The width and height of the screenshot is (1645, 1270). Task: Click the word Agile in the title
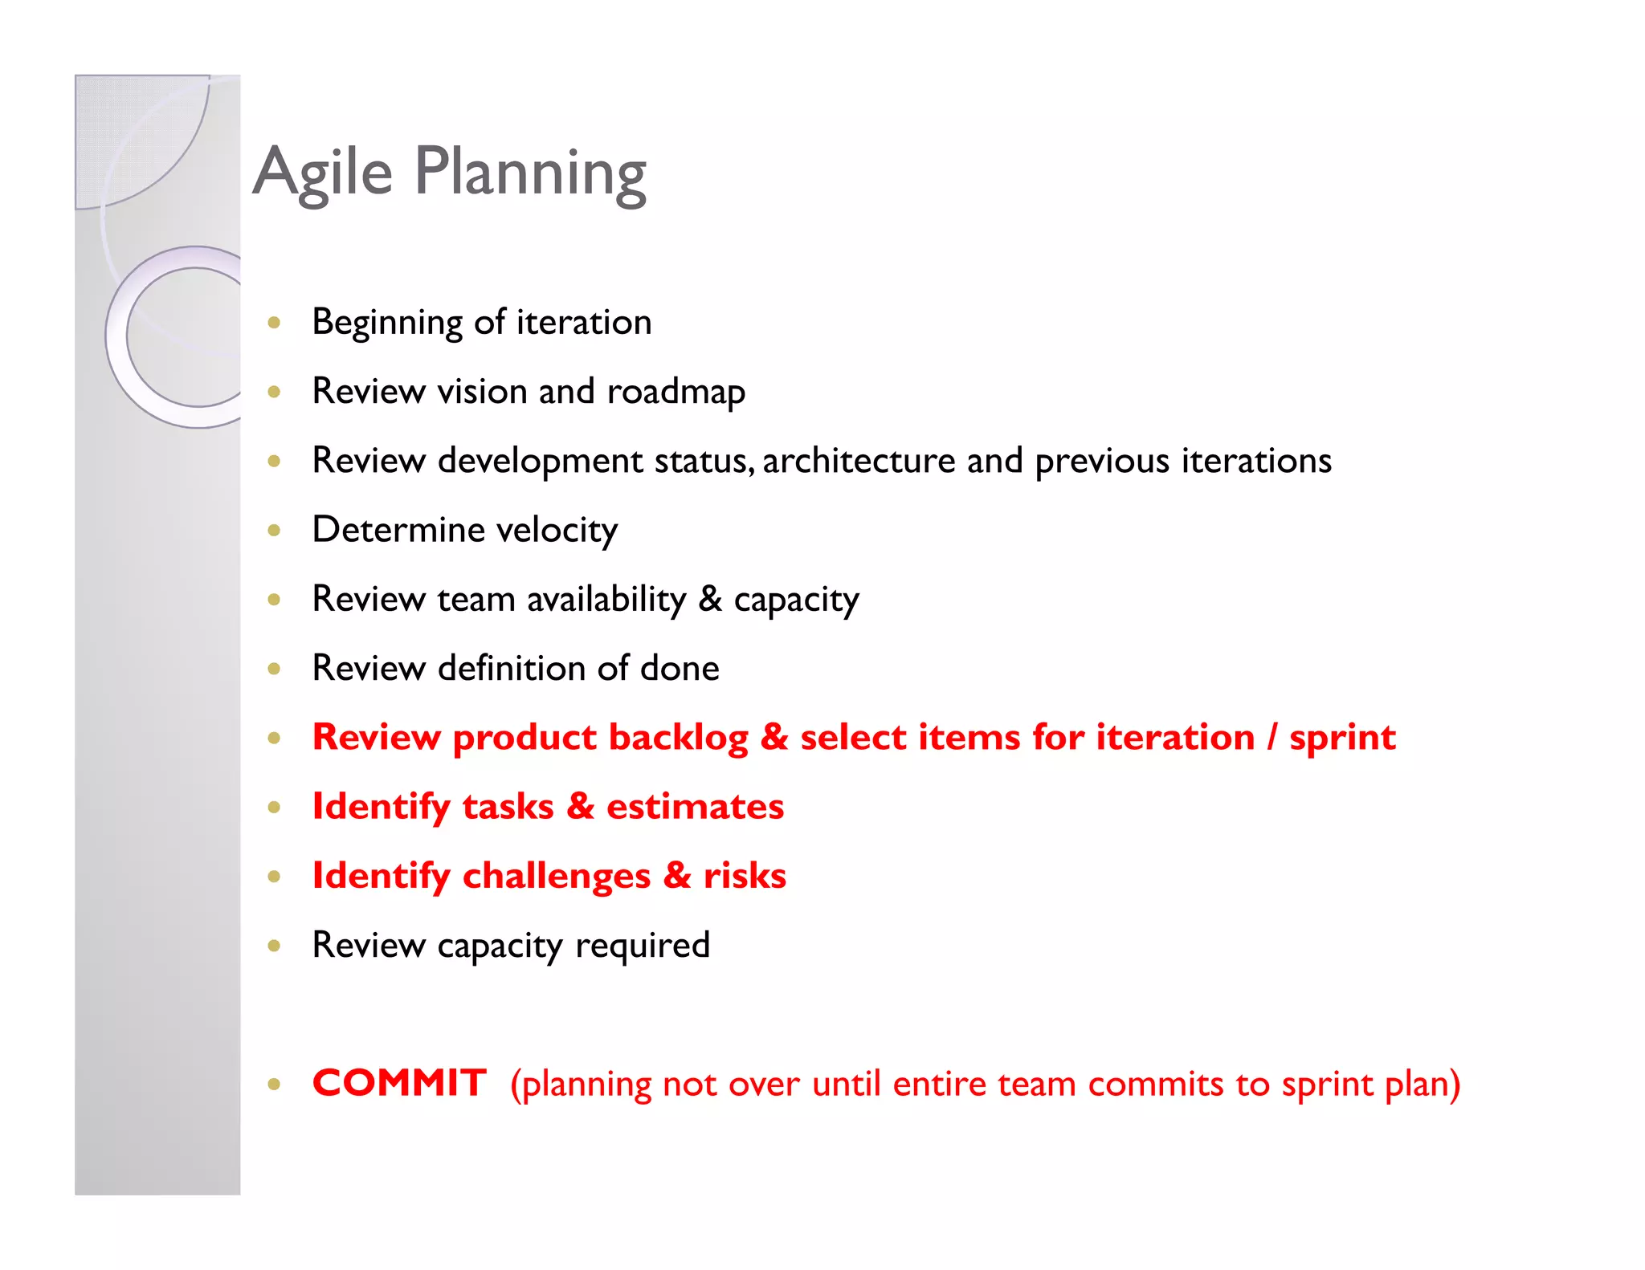coord(323,173)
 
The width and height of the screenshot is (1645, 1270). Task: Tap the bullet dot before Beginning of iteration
coord(275,323)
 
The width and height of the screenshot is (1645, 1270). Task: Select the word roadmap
coord(676,392)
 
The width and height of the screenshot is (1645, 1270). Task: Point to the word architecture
coord(859,461)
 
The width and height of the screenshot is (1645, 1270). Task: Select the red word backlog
coord(679,738)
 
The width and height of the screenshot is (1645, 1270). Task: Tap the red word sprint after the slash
coord(1342,738)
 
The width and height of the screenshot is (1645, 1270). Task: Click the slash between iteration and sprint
coord(1272,738)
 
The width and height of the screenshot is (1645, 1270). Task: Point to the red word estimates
coord(695,807)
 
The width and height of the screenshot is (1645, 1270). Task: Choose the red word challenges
coord(557,876)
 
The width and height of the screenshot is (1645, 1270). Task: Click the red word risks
coord(745,876)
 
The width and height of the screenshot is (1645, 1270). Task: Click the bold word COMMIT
coord(399,1083)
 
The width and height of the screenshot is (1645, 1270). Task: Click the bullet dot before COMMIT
coord(275,1085)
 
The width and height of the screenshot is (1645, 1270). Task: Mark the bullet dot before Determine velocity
coord(275,530)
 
